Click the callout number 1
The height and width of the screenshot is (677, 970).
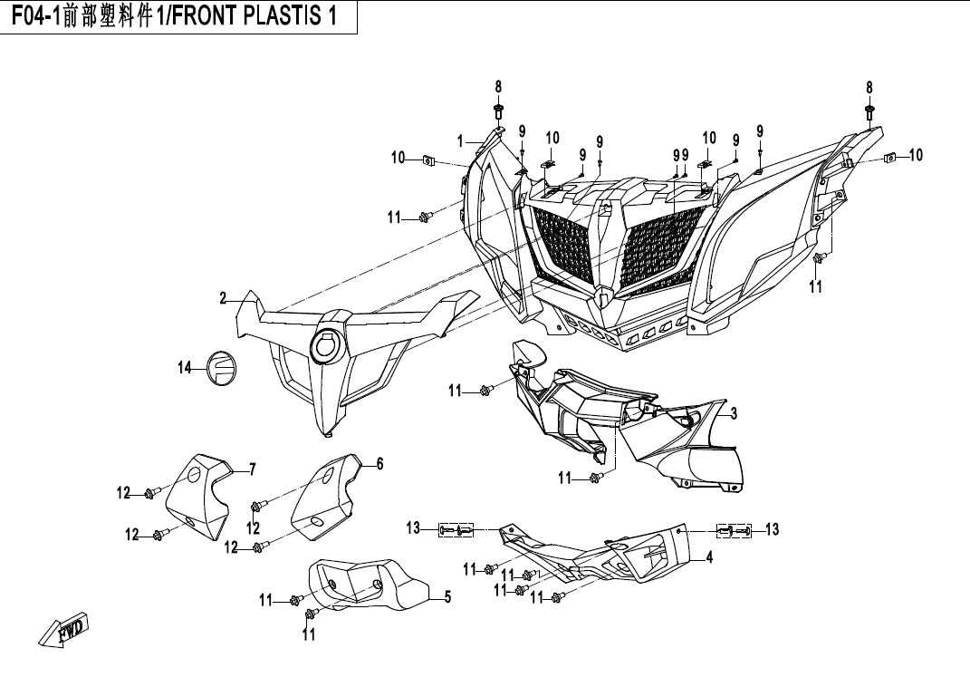460,141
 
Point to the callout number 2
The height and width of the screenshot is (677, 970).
222,299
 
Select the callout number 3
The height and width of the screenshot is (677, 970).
734,413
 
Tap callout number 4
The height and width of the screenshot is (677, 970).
710,559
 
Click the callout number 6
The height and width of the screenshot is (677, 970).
380,464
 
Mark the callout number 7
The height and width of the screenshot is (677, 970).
253,469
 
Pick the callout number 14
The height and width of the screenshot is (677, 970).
185,366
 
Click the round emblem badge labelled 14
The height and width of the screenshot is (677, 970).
221,367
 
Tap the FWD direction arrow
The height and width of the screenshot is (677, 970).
64,631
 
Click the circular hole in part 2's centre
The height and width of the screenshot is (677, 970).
325,345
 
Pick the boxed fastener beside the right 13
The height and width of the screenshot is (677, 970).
735,529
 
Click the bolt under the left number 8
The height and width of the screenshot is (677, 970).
499,114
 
